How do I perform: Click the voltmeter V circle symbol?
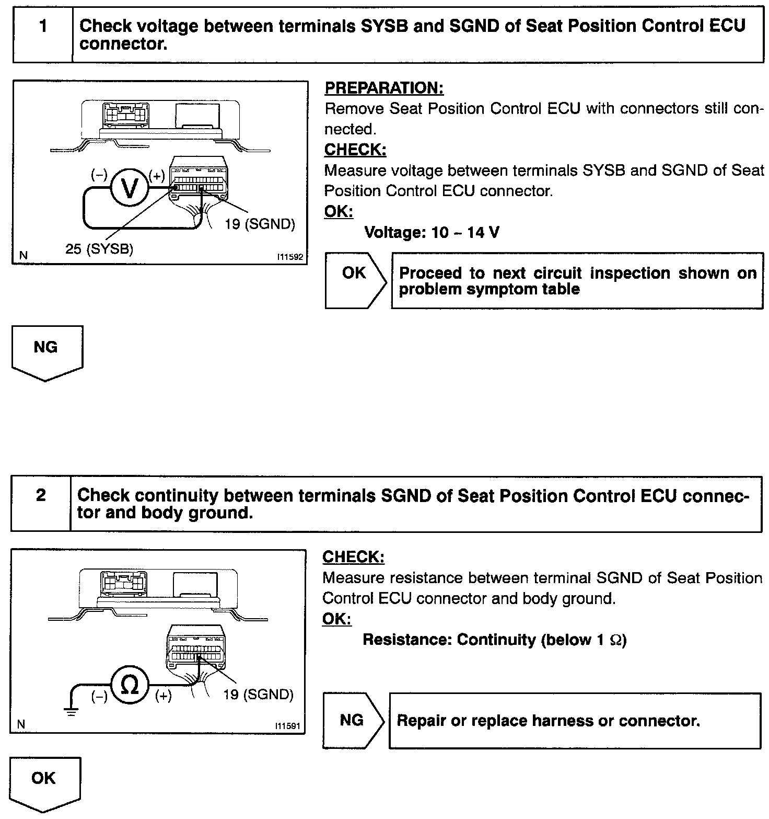[x=129, y=187]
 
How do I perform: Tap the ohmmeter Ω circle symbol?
[x=129, y=686]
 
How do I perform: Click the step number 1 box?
[x=43, y=35]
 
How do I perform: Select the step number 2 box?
[x=41, y=503]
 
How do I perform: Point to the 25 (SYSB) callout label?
[x=99, y=249]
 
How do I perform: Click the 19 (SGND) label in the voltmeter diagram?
[x=260, y=224]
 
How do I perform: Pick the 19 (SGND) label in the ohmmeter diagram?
[x=258, y=695]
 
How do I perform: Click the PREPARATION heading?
[x=384, y=88]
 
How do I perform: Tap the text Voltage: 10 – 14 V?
[x=432, y=232]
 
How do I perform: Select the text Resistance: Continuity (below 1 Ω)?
[x=494, y=640]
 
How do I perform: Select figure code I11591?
[x=289, y=727]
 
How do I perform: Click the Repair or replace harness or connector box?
[x=575, y=721]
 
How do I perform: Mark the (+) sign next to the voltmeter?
[x=157, y=176]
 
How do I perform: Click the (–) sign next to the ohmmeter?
[x=99, y=697]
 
